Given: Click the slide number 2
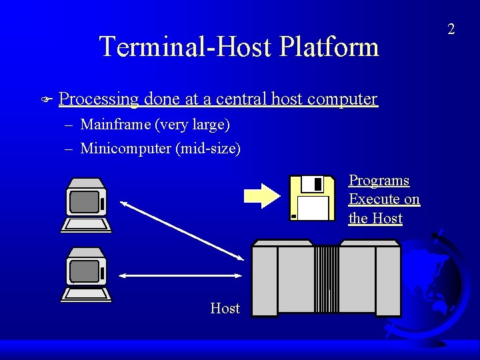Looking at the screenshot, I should coord(451,29).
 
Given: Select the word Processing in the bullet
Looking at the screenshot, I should coord(99,99).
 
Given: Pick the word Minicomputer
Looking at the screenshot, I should coord(125,148).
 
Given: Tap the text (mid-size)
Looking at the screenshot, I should coord(208,148).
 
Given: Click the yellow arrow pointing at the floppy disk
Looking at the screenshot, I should coord(263,195).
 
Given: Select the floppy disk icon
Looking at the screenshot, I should coord(311,197).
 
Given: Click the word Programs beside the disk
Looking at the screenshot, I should coord(379,181).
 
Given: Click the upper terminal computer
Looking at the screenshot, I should coord(86,205).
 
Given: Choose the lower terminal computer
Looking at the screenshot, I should coord(86,274).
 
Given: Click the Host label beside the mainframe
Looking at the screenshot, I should coord(225,308).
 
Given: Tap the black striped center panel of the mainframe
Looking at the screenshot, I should coord(326,279).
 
